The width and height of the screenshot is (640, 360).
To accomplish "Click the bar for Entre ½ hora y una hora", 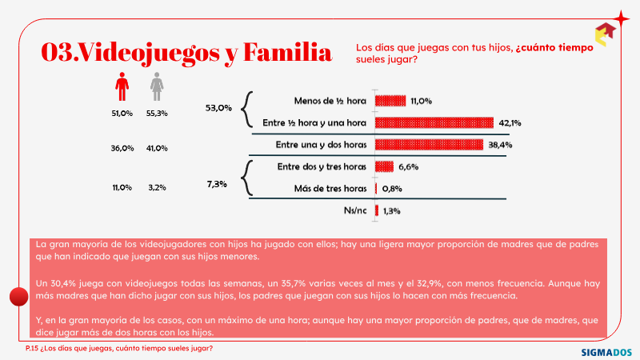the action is pyautogui.click(x=434, y=122).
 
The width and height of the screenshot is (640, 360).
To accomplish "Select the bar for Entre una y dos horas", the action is pyautogui.click(x=429, y=145).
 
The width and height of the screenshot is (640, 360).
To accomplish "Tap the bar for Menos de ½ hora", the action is pyautogui.click(x=390, y=101).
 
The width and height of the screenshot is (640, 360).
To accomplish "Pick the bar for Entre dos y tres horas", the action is pyautogui.click(x=385, y=166).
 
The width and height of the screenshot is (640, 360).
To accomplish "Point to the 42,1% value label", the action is pyautogui.click(x=510, y=123).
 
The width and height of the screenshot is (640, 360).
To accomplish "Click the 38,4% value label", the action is pyautogui.click(x=500, y=145).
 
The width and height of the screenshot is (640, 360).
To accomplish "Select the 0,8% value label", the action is pyautogui.click(x=392, y=189).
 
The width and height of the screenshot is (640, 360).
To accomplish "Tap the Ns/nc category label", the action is pyautogui.click(x=355, y=210).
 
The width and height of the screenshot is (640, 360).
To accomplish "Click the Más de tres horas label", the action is pyautogui.click(x=330, y=189).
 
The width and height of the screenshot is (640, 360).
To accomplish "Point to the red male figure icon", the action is pyautogui.click(x=122, y=86).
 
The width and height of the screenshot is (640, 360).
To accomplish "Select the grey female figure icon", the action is pyautogui.click(x=157, y=86).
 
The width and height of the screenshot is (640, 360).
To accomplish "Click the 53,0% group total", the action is pyautogui.click(x=218, y=108).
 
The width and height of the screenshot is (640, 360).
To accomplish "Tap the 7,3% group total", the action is pyautogui.click(x=217, y=184).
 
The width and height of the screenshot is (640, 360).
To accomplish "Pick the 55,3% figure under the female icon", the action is pyautogui.click(x=157, y=114).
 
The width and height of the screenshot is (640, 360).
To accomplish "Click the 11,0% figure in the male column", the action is pyautogui.click(x=122, y=188).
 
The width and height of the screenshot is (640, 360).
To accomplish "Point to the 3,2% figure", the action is pyautogui.click(x=157, y=188).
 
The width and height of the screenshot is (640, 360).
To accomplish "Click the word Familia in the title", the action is pyautogui.click(x=287, y=52).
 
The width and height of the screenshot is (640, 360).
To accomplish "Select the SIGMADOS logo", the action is pyautogui.click(x=606, y=352).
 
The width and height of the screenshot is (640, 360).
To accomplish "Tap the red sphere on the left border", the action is pyautogui.click(x=18, y=296).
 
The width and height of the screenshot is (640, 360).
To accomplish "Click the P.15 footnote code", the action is pyautogui.click(x=31, y=348).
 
